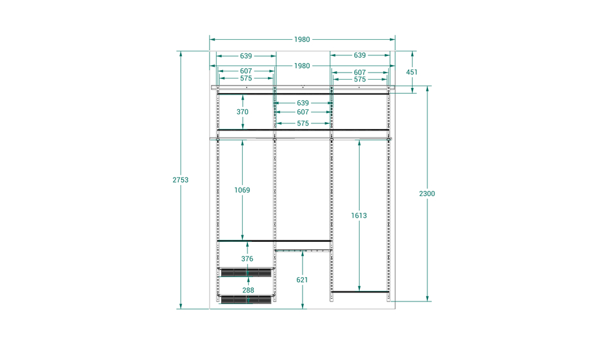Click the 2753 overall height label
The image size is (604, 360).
tap(181, 180)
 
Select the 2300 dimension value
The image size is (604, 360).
tap(427, 194)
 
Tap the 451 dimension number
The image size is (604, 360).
tap(412, 72)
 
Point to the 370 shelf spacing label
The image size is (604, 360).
tap(242, 112)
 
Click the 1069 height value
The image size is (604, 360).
tap(242, 190)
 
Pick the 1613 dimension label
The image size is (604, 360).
tap(359, 215)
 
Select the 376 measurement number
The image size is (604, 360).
tap(247, 259)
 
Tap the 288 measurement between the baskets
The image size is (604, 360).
tap(248, 290)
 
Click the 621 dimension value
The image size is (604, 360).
tap(302, 280)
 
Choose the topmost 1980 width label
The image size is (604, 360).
tap(302, 39)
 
